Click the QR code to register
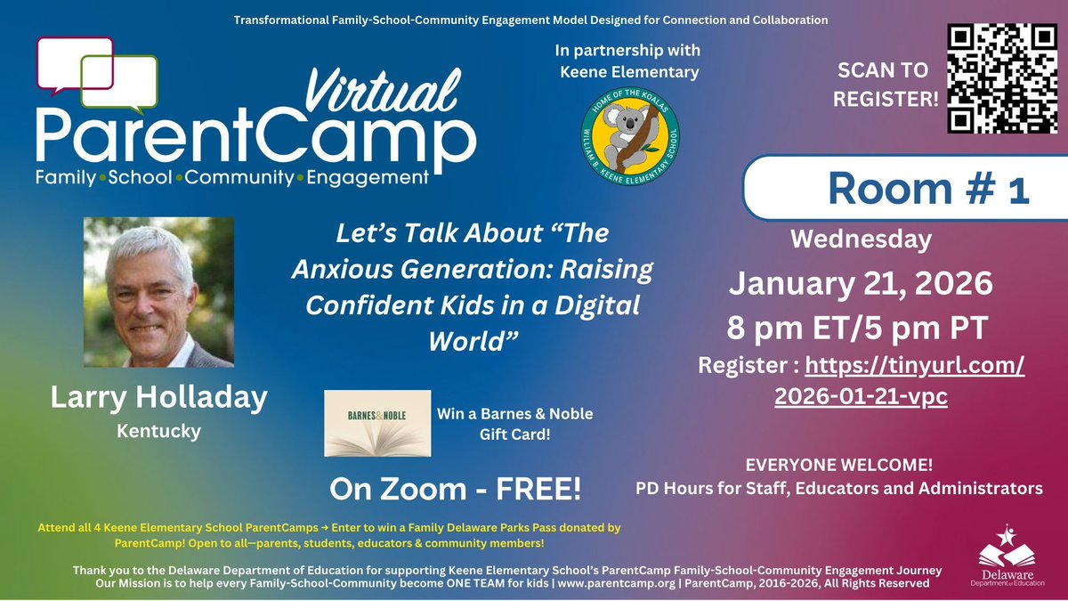pyautogui.click(x=1001, y=77)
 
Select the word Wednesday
pyautogui.click(x=861, y=239)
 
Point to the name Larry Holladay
pyautogui.click(x=158, y=397)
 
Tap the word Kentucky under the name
pyautogui.click(x=158, y=431)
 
